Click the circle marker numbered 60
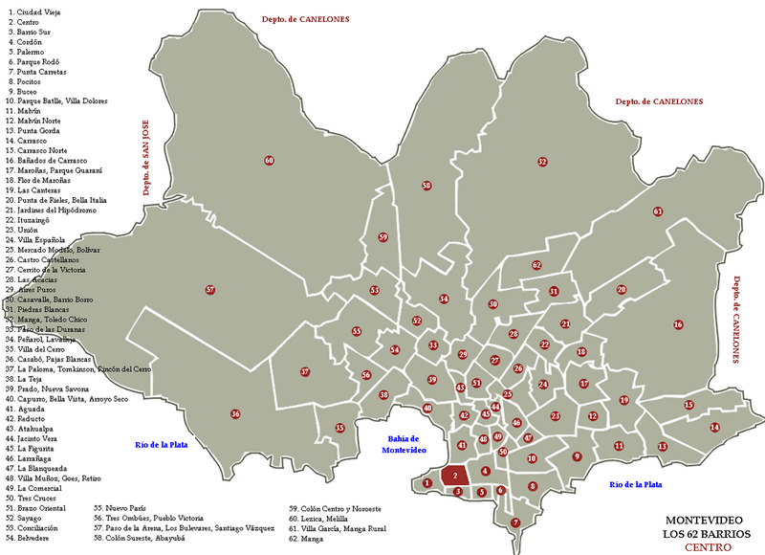point(269,160)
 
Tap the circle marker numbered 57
point(210,290)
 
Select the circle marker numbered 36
point(235,414)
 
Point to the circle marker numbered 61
point(658,211)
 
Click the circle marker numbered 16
point(678,324)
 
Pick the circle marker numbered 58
point(426,186)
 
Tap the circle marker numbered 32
point(542,162)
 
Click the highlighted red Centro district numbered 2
point(456,476)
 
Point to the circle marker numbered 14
point(714,427)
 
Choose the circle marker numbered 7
point(515,522)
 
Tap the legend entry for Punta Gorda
point(37,130)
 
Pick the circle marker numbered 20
point(622,289)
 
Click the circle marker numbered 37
point(305,371)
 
